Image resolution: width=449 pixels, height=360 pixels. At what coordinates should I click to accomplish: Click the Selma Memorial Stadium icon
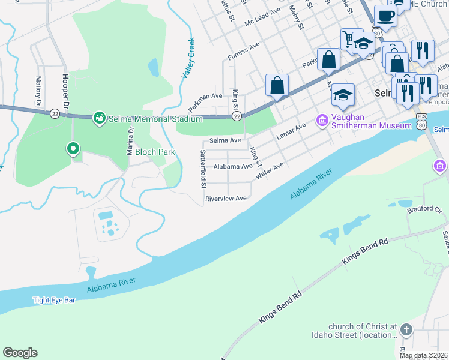click(x=100, y=118)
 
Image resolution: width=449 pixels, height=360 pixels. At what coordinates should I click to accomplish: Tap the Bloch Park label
click(x=155, y=152)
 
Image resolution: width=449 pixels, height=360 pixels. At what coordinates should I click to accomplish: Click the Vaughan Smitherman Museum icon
click(x=322, y=121)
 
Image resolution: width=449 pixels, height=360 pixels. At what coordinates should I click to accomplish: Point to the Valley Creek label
click(x=188, y=58)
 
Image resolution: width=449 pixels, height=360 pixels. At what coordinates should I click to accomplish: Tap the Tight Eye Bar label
click(x=54, y=300)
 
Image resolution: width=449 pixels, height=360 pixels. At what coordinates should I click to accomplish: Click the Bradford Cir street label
click(x=427, y=211)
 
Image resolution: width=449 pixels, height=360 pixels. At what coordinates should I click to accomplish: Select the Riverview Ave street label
click(x=226, y=199)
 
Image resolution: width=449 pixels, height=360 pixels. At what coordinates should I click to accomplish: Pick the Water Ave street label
click(x=269, y=170)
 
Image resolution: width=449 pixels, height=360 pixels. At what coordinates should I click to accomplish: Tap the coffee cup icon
click(x=385, y=16)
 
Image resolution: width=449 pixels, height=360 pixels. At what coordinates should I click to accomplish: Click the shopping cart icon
click(x=348, y=40)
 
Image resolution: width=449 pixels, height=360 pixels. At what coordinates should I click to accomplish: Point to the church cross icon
click(x=406, y=330)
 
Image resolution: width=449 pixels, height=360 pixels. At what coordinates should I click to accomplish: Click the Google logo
click(x=20, y=353)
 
